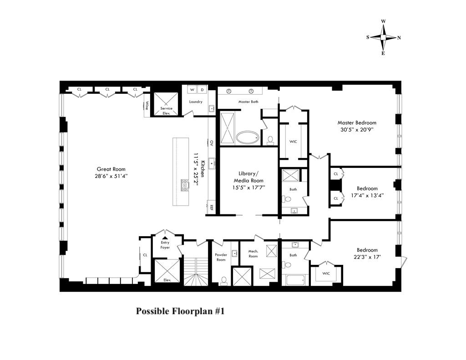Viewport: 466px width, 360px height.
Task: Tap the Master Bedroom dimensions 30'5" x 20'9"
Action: click(356, 129)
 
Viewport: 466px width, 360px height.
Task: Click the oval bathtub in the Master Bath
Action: click(248, 137)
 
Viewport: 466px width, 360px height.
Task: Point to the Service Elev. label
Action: click(167, 111)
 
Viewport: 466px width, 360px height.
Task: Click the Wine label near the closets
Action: click(147, 106)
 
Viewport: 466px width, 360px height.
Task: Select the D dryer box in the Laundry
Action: click(203, 90)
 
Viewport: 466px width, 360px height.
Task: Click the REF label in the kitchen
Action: click(212, 208)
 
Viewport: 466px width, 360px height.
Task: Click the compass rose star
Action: click(383, 37)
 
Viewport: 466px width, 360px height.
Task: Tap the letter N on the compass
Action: click(399, 38)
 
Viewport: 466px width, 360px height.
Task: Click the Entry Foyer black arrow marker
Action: click(165, 237)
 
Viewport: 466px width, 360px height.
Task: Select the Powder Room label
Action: click(221, 257)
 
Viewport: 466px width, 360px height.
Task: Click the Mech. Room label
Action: click(253, 254)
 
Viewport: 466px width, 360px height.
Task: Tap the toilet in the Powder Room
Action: click(223, 281)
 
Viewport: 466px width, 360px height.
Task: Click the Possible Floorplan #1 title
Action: click(181, 312)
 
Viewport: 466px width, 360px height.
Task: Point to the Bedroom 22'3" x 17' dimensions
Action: click(367, 257)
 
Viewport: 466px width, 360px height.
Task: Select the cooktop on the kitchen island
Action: click(185, 185)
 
